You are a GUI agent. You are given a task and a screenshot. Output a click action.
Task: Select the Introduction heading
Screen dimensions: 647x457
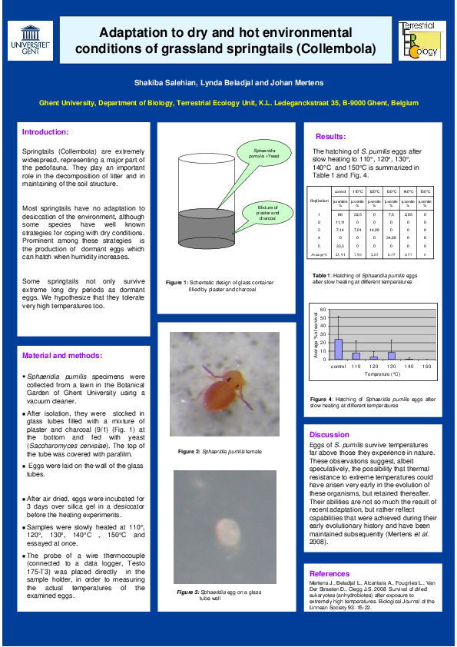[45, 132]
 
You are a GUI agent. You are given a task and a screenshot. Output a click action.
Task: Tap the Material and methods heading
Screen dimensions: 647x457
[61, 356]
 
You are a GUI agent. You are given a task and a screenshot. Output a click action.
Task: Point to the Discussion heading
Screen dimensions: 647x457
[329, 435]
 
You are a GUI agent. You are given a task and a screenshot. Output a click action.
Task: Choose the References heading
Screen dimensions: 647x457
[330, 573]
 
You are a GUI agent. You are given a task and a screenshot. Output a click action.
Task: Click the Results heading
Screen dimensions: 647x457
[331, 136]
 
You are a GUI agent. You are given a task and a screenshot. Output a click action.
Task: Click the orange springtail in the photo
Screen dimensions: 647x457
[226, 388]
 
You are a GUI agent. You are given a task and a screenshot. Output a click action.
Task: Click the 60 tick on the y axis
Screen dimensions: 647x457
[324, 310]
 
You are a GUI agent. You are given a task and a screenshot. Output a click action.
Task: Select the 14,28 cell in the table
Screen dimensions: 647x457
[374, 229]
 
